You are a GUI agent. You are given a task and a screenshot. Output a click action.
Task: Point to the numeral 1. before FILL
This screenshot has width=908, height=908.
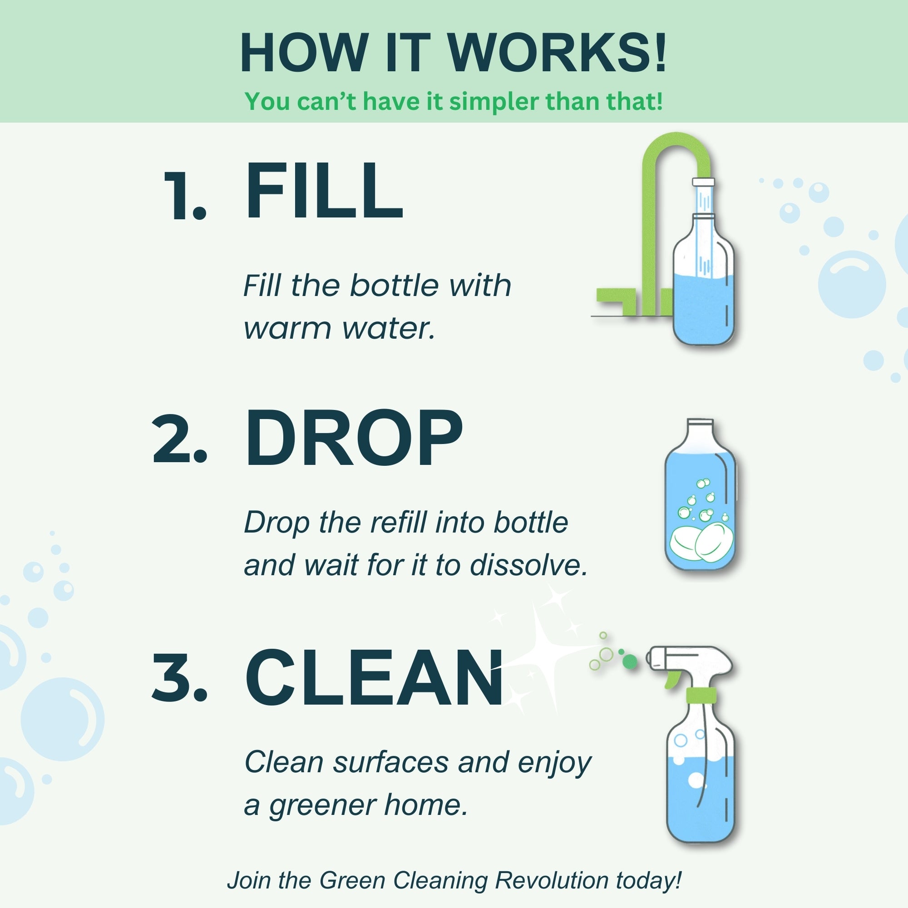(184, 196)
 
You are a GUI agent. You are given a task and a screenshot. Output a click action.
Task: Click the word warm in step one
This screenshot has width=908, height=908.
(287, 329)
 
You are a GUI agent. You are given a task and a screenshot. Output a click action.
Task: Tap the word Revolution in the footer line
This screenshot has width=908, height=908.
(553, 880)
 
